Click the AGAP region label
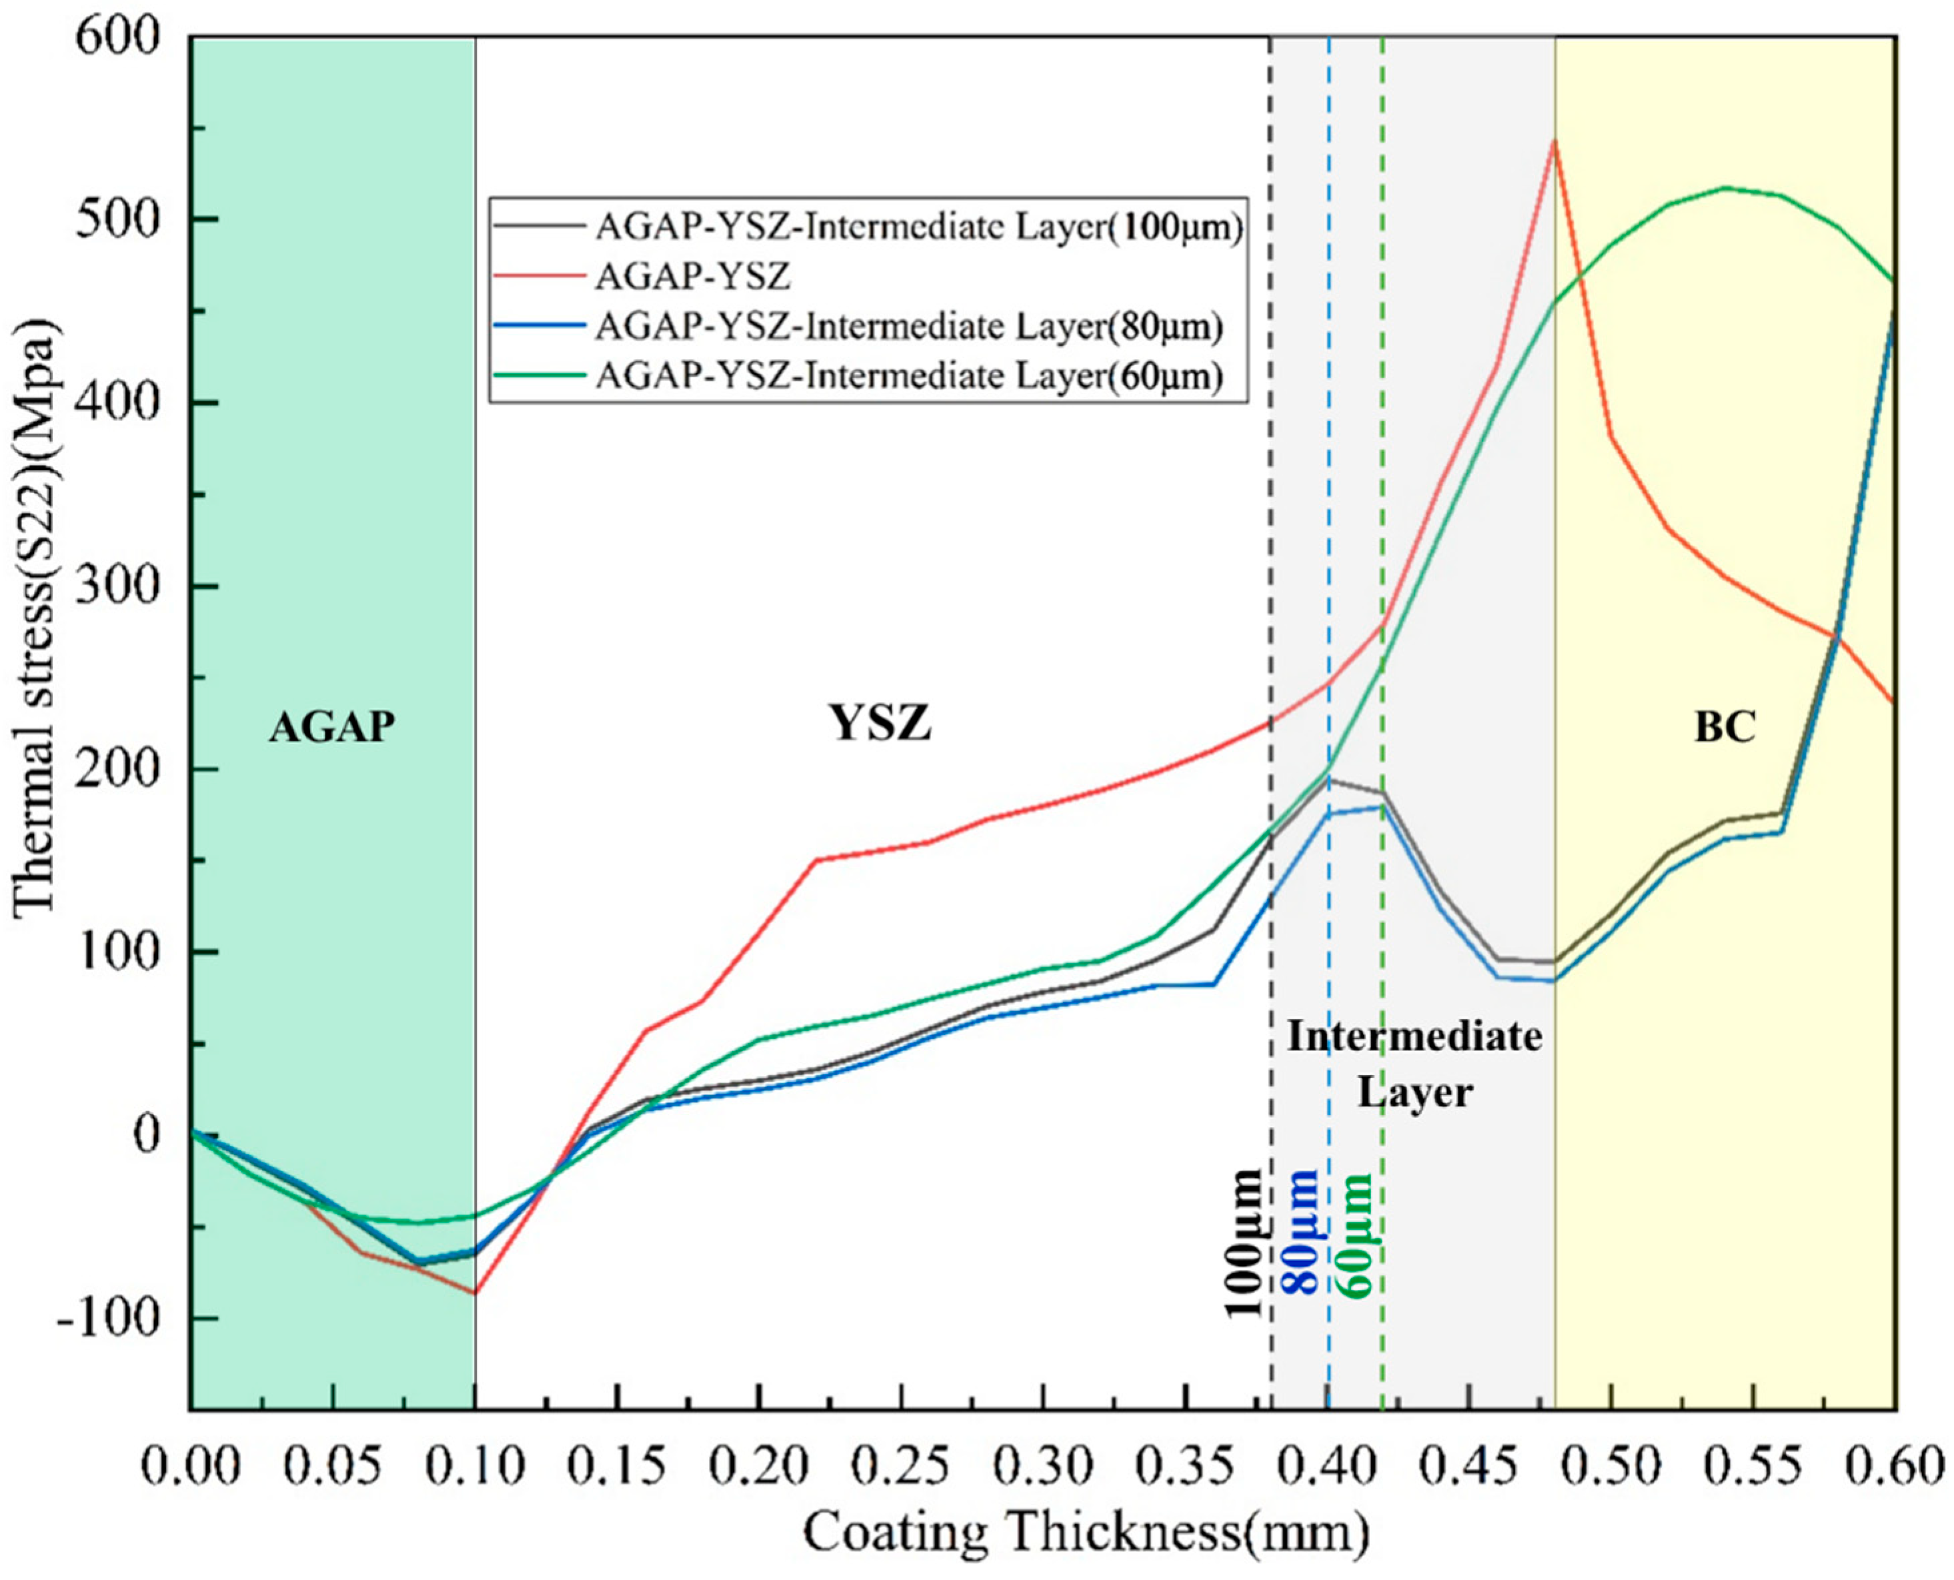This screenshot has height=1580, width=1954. [x=332, y=727]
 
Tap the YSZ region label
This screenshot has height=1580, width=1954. [x=881, y=724]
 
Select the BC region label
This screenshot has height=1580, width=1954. [x=1725, y=727]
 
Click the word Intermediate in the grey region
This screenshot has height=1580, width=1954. [x=1414, y=1036]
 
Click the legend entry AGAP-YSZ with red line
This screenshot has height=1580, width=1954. [x=692, y=275]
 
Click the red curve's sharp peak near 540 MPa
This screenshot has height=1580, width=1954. [x=1555, y=142]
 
